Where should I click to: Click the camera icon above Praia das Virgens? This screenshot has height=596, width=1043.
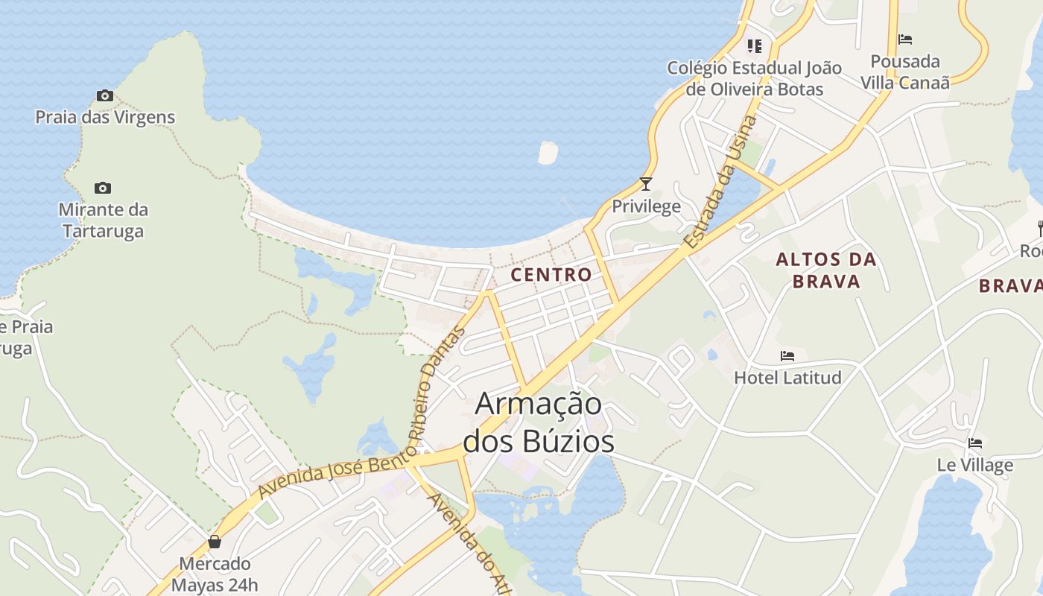point(104,95)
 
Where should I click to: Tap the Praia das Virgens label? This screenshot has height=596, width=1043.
point(105,117)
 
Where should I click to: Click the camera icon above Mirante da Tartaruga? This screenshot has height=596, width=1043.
point(103,188)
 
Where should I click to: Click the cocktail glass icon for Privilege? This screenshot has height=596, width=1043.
point(646,183)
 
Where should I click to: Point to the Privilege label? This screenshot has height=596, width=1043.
point(646,206)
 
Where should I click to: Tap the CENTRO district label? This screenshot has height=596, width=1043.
point(551,274)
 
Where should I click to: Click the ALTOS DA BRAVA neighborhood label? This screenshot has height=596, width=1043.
point(827,270)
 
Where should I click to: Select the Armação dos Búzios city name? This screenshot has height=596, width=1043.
point(539,422)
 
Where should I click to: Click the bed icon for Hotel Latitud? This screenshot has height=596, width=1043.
point(787,356)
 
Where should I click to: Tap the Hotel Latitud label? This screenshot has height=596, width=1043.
point(787,378)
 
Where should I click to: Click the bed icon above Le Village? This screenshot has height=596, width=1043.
point(975,443)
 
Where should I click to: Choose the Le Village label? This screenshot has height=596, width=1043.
point(975,466)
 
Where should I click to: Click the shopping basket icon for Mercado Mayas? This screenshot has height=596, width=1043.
point(215,542)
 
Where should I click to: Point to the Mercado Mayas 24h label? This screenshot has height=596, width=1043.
point(215,574)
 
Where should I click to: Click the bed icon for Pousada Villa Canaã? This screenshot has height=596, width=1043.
point(905,39)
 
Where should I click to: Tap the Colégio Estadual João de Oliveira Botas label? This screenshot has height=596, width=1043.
point(755,78)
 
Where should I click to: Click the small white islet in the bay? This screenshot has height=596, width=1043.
point(548,152)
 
